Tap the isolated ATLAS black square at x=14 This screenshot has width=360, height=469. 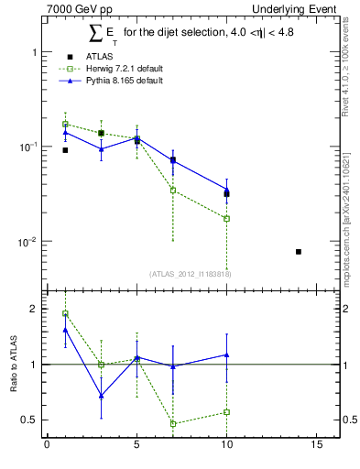(x=299, y=251)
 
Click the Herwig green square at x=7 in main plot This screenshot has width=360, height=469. (x=173, y=191)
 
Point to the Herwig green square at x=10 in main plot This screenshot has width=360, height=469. (x=226, y=219)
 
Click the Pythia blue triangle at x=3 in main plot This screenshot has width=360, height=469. (x=101, y=148)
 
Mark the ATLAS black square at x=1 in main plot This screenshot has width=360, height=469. (x=65, y=150)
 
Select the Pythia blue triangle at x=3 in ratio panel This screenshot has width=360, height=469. (x=101, y=396)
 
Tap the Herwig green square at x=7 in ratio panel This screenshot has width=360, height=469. (x=173, y=423)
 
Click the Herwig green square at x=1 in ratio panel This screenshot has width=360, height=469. (x=65, y=314)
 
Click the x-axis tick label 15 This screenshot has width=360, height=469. (x=316, y=446)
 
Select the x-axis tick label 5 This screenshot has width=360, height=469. (x=136, y=446)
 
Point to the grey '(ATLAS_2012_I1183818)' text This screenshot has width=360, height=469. (x=191, y=273)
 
